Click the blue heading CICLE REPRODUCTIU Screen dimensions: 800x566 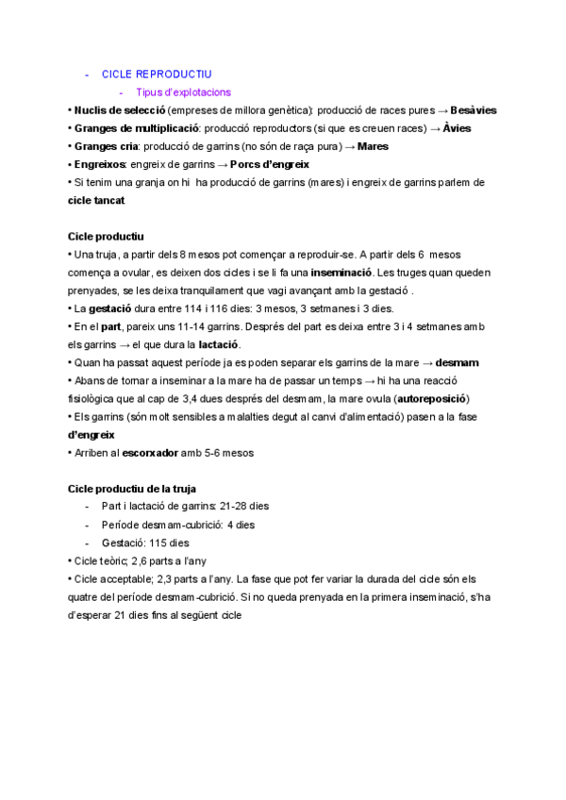pyautogui.click(x=157, y=74)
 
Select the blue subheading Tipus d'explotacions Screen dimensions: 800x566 pyautogui.click(x=183, y=92)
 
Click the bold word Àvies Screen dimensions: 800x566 pyautogui.click(x=457, y=128)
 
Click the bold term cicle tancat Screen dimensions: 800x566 pyautogui.click(x=96, y=201)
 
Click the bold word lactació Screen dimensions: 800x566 pyautogui.click(x=220, y=344)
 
